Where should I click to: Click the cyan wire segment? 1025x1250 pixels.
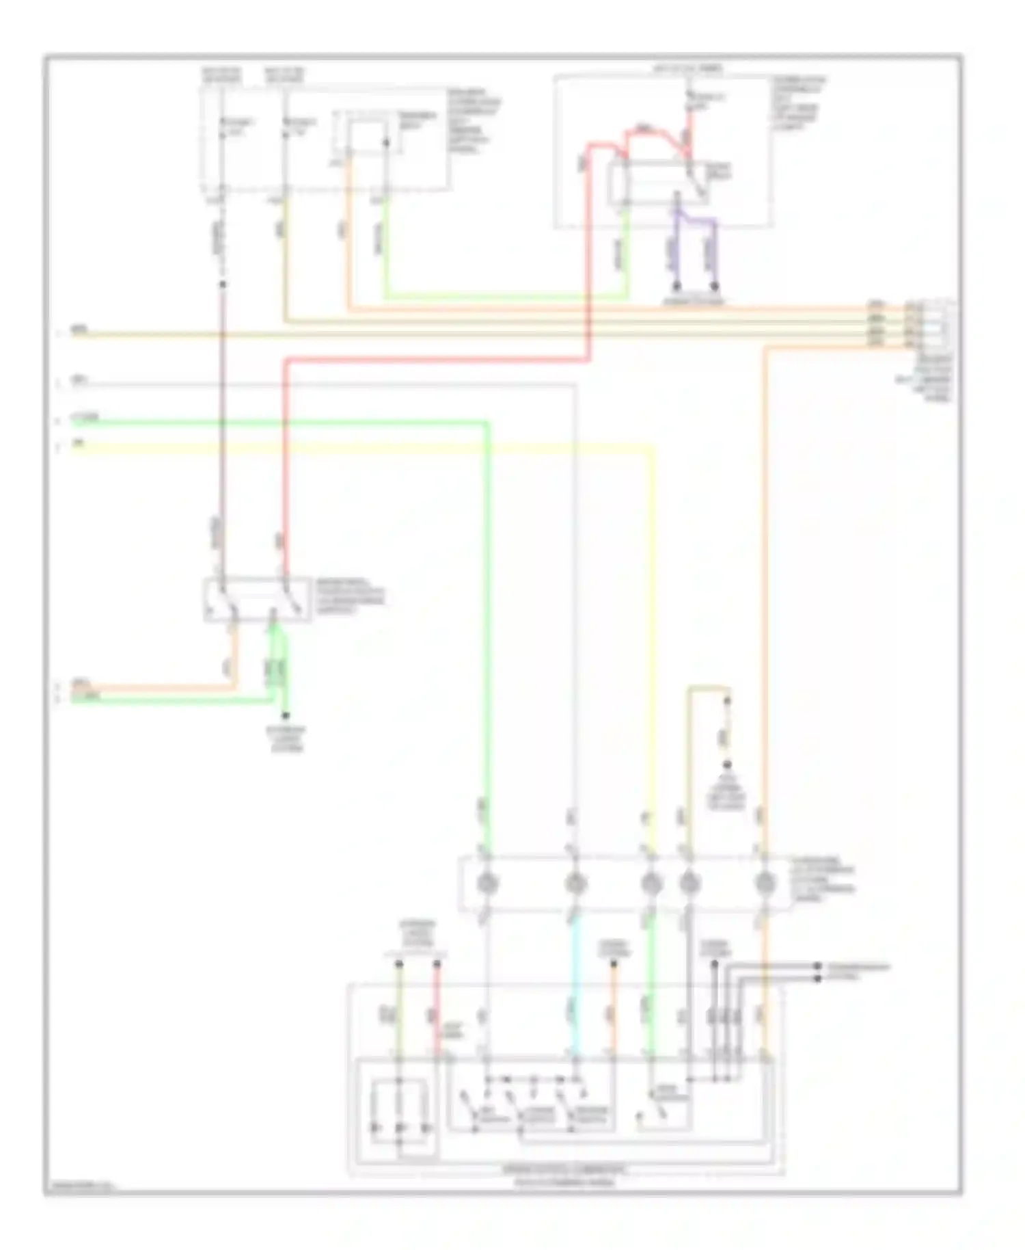coord(575,971)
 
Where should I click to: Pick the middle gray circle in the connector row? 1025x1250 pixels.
coord(651,883)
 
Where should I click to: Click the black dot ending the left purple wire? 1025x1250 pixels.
coord(677,285)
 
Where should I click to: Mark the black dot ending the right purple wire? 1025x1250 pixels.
coord(715,285)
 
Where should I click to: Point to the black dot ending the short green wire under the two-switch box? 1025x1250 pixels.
coord(286,715)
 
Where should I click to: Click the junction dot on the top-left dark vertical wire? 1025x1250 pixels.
coord(222,283)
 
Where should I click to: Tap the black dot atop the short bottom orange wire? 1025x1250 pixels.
coord(613,964)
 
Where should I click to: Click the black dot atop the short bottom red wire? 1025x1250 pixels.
coord(437,964)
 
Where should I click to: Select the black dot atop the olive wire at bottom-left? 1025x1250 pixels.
coord(398,964)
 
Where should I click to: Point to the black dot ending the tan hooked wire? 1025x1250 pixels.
coord(727,701)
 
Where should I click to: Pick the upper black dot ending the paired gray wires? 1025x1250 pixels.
coord(817,966)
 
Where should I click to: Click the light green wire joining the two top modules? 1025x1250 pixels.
coord(506,297)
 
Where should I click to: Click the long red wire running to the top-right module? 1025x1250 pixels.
coord(437,358)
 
